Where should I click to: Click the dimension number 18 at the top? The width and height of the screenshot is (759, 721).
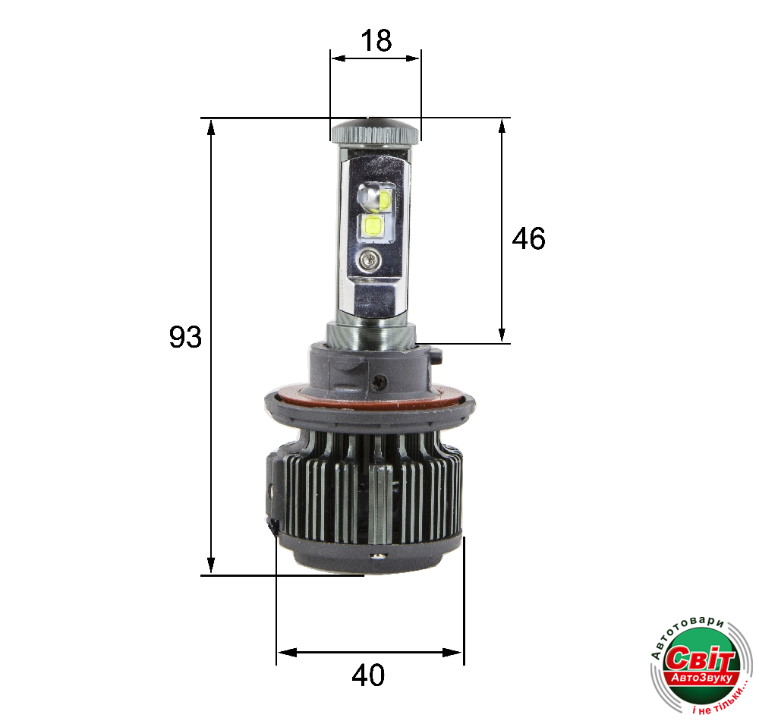click(x=376, y=40)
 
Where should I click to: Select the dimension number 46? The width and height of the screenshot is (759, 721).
click(x=528, y=238)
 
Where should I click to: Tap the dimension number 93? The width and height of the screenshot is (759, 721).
click(x=185, y=337)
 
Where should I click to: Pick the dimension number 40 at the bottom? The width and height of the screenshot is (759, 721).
click(x=368, y=675)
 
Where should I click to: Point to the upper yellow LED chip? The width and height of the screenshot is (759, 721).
click(x=385, y=200)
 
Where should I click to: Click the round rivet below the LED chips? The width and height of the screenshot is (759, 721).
click(x=370, y=260)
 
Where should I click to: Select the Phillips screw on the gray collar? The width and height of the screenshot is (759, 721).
click(x=378, y=382)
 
